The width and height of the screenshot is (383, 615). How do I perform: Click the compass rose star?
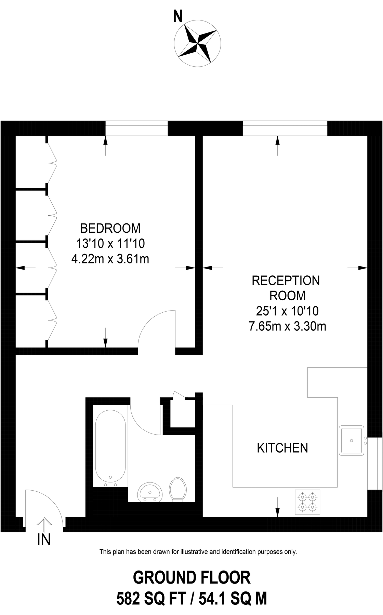coord(197,43)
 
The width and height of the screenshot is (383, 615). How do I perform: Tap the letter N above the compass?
coord(177,17)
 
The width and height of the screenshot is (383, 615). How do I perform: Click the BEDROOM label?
coord(110,228)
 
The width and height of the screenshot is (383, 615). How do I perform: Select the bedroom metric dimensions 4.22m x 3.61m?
coord(110,259)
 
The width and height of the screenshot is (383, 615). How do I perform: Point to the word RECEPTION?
coord(286,281)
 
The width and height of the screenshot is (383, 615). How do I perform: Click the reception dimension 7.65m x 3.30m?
coord(287,327)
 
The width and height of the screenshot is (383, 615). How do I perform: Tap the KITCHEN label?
coord(282,448)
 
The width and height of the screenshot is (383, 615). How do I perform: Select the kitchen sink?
coord(351,440)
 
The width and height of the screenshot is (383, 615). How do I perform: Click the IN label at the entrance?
coord(44,540)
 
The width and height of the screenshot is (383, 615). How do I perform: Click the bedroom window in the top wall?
coord(136,128)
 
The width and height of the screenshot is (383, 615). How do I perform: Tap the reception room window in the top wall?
coord(285,128)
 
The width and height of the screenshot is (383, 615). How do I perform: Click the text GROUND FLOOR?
coord(191,578)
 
